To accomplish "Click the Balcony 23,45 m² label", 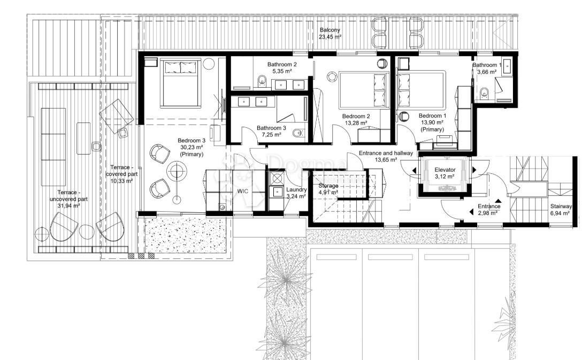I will (330, 34).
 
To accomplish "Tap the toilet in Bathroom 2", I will (261, 81).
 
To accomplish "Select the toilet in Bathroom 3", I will (299, 133).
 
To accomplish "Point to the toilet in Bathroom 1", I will (485, 94).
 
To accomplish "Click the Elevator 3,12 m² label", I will (445, 173).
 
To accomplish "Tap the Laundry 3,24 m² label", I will (296, 193).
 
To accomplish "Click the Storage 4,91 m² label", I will (328, 189).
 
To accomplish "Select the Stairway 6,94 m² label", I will (560, 210).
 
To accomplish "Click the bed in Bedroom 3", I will (181, 83).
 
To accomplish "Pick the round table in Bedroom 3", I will (177, 172).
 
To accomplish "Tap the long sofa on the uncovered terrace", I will (52, 134).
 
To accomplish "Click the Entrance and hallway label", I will (385, 156).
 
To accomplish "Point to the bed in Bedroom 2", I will (363, 90).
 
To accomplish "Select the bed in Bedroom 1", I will (422, 90).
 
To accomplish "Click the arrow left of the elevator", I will (413, 170).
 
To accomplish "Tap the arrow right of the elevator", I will (474, 170).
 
